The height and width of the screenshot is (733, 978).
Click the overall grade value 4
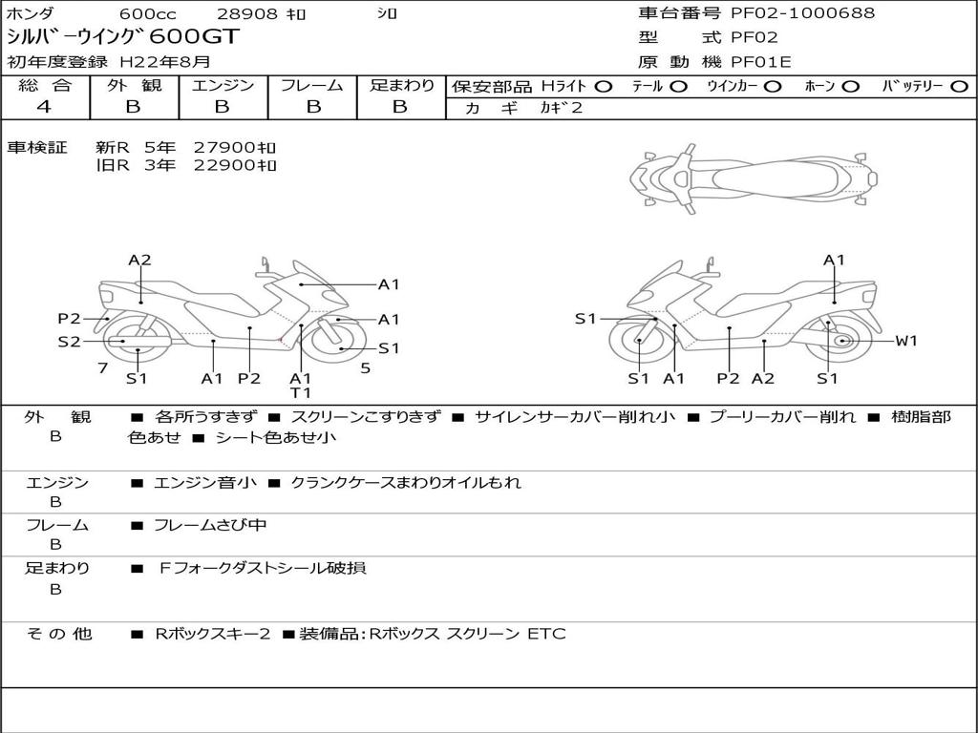[x=44, y=107]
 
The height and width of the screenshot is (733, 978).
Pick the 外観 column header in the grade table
[x=134, y=85]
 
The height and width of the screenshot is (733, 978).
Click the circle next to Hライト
[x=604, y=87]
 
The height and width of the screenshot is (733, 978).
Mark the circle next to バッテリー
[x=960, y=87]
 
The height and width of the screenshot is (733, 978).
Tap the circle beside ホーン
[x=851, y=87]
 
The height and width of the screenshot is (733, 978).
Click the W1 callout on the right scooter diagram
[x=906, y=341]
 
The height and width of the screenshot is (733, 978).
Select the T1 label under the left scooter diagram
[x=300, y=392]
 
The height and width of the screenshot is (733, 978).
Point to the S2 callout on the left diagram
[x=69, y=341]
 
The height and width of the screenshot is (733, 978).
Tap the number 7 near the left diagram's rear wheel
[x=103, y=368]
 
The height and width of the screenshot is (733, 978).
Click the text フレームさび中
[x=210, y=526]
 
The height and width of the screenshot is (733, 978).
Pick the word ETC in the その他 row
[x=547, y=634]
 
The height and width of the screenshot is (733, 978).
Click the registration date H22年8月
[x=165, y=62]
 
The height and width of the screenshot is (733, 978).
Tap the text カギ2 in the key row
[x=562, y=108]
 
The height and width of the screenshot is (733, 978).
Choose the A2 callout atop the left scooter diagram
[x=139, y=260]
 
